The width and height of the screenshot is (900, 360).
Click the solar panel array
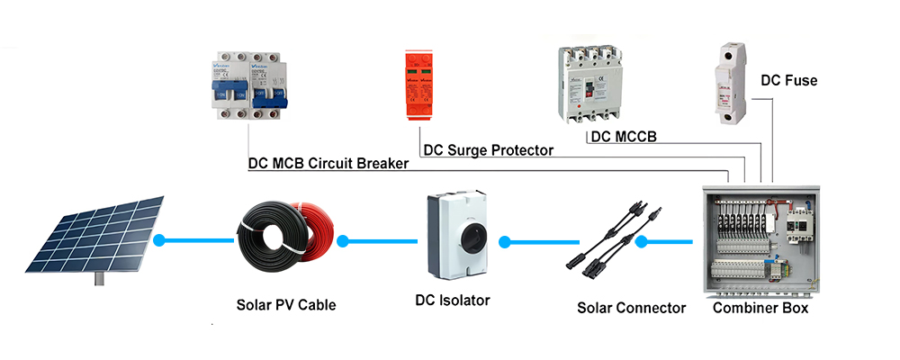click(x=94, y=234)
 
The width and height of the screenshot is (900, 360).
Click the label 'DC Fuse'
click(x=788, y=80)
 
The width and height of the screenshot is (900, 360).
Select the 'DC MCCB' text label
click(x=623, y=137)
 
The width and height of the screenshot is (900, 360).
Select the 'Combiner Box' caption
click(x=760, y=308)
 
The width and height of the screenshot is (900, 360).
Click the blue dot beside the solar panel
click(x=160, y=241)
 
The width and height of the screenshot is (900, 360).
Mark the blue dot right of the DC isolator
click(x=505, y=241)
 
